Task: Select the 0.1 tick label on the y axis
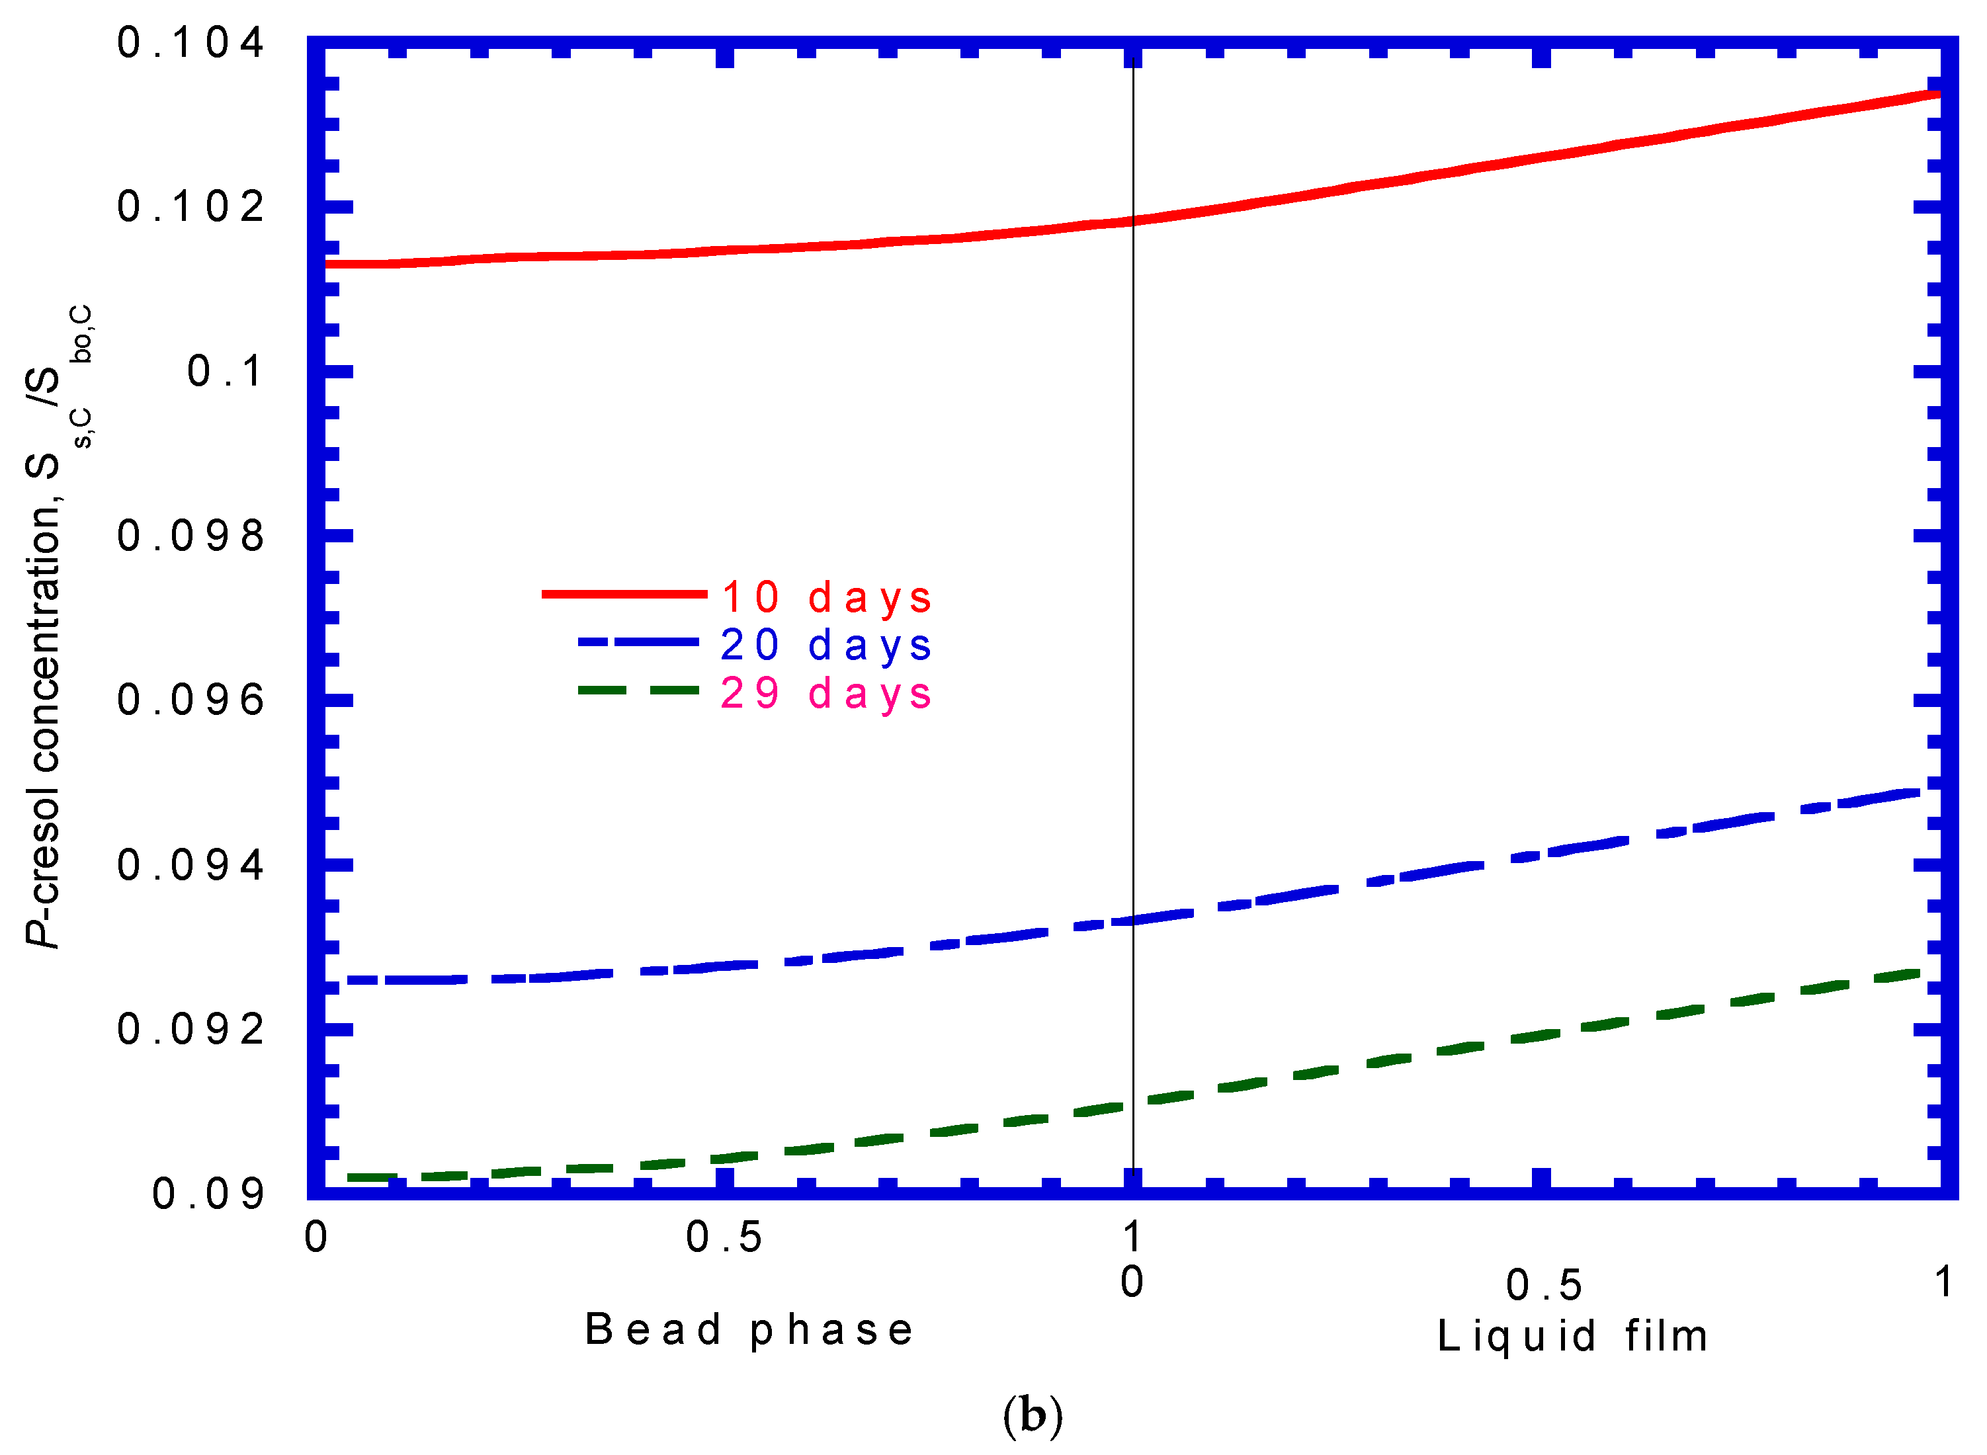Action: click(225, 372)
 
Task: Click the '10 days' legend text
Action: click(825, 598)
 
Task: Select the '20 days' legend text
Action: click(825, 645)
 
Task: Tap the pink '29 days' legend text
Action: click(825, 694)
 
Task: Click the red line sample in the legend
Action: click(624, 595)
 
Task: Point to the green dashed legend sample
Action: click(638, 690)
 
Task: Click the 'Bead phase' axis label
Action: click(749, 1330)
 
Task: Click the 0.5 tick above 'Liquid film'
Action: click(1544, 1286)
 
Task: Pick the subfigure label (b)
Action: click(1033, 1416)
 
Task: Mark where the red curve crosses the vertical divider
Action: click(1132, 221)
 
